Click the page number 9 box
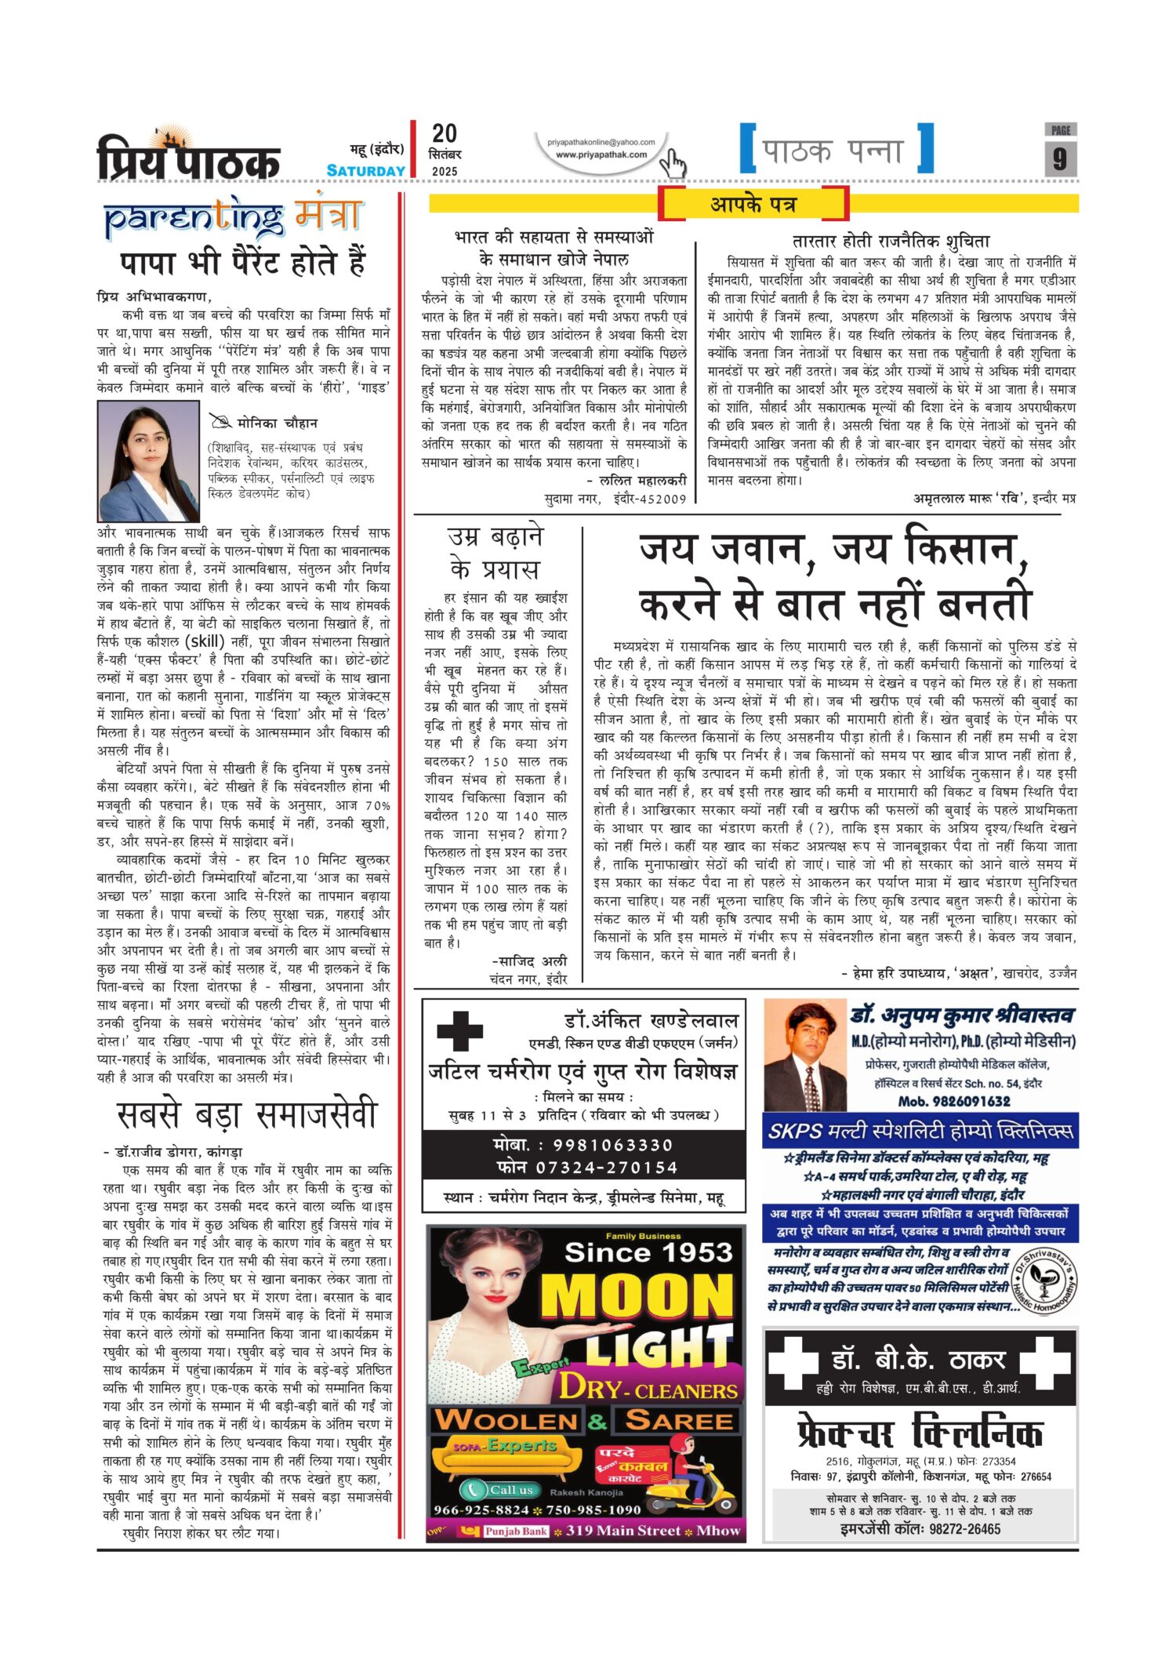[1060, 158]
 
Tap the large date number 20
[445, 133]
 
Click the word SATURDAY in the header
[365, 171]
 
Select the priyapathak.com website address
[601, 154]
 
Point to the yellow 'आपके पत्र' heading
[753, 205]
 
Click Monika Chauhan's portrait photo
[148, 460]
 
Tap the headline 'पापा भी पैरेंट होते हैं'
[243, 263]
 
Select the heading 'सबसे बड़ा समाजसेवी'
[247, 1114]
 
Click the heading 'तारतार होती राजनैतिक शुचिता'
[891, 242]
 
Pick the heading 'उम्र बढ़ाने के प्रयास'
[495, 553]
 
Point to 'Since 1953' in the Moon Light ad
[648, 1252]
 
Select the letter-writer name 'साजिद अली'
[530, 961]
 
